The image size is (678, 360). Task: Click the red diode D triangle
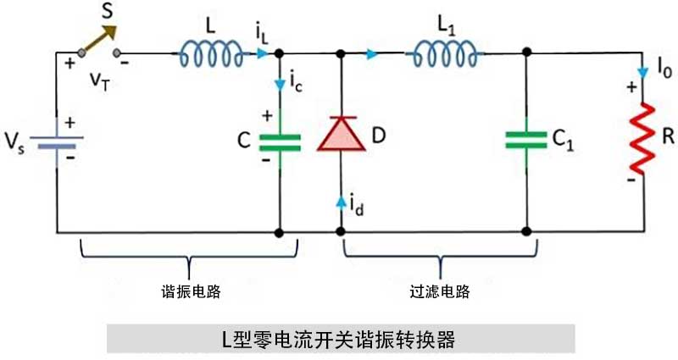tap(340, 136)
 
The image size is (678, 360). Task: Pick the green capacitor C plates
tap(280, 141)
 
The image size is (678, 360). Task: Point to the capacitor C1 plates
tap(525, 141)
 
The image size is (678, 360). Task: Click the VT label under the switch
tap(100, 78)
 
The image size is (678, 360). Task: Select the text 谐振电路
tap(191, 291)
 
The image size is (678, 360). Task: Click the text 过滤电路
tap(439, 291)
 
